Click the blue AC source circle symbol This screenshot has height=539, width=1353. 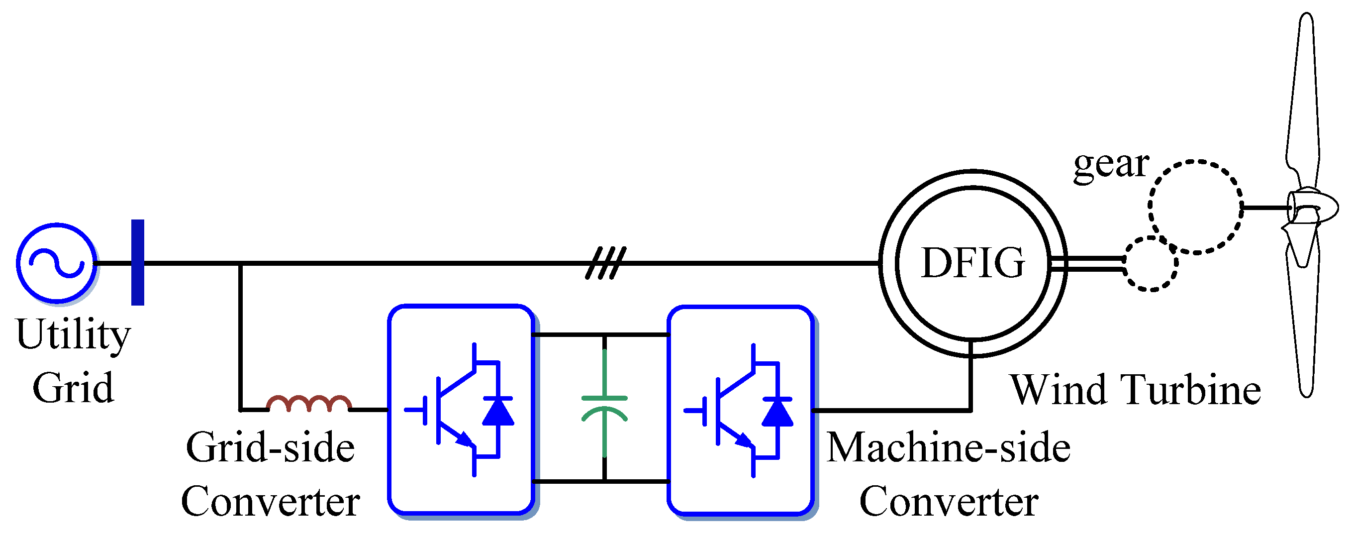tap(57, 263)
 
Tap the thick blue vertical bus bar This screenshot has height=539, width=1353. tap(138, 262)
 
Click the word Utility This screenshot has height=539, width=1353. tap(73, 334)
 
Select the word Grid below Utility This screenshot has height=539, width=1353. tap(73, 388)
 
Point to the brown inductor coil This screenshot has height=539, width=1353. tap(309, 404)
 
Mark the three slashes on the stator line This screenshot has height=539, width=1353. tap(605, 263)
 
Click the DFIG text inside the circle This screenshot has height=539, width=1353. tap(973, 263)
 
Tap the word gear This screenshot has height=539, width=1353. tap(1111, 164)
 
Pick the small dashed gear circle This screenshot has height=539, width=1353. tap(1151, 264)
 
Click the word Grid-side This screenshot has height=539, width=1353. tap(270, 447)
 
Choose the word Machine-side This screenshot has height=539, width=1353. tap(949, 447)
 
